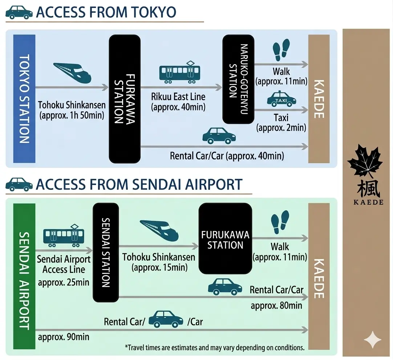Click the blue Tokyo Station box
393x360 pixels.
point(24,99)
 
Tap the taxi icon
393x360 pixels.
point(281,99)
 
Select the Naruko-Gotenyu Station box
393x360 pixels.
point(238,79)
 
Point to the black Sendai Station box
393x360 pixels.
point(106,252)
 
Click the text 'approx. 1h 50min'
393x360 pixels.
point(72,116)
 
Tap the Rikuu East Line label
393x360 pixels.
point(178,97)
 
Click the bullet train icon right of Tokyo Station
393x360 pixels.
point(72,72)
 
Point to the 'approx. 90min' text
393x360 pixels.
point(64,336)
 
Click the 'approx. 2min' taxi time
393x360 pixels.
point(281,128)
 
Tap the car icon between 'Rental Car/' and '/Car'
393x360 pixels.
point(166,319)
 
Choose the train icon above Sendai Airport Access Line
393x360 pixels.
point(64,236)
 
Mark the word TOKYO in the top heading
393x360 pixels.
point(150,12)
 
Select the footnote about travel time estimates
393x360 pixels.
point(214,348)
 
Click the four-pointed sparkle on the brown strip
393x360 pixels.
point(373,340)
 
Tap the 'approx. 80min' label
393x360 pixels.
point(276,305)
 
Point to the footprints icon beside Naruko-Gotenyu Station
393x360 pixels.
point(281,50)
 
